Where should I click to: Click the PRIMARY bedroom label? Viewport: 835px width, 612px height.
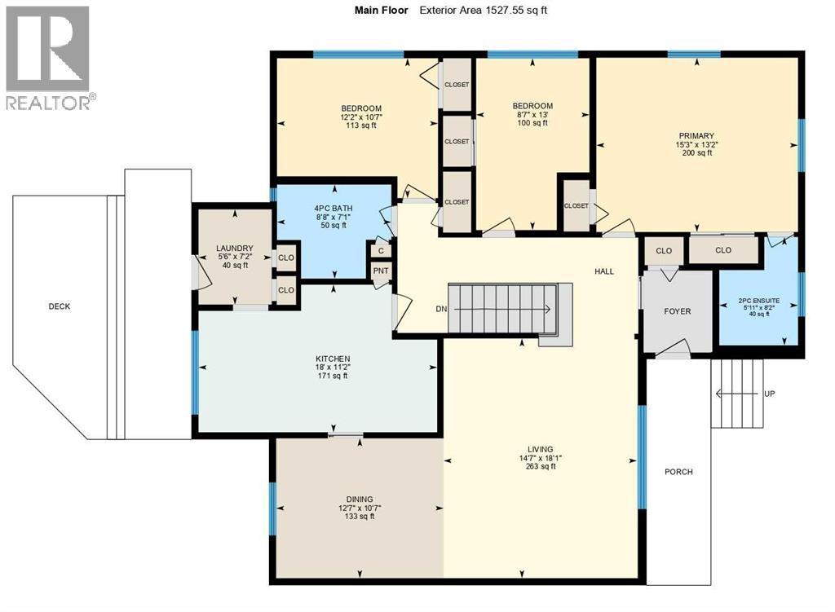click(696, 136)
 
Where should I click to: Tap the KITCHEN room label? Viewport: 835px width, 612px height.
click(333, 359)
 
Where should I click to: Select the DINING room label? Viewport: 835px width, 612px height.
click(360, 500)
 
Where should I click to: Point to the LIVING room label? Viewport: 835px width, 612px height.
click(541, 449)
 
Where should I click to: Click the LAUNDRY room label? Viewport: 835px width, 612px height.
click(235, 248)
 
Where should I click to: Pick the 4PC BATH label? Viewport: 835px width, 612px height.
click(334, 209)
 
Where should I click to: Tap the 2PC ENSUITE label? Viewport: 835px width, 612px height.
click(759, 300)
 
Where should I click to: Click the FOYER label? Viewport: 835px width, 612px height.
click(678, 311)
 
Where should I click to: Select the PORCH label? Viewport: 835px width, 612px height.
click(679, 472)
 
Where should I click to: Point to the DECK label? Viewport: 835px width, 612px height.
click(59, 306)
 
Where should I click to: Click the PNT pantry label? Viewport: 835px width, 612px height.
click(381, 271)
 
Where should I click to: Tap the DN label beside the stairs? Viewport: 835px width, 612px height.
click(441, 309)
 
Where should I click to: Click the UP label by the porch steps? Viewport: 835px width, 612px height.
click(770, 394)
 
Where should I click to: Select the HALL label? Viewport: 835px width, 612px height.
click(604, 271)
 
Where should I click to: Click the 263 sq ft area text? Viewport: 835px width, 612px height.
click(541, 466)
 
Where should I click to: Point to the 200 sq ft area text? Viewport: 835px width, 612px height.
click(696, 152)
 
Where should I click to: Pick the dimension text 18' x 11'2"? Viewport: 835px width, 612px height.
click(333, 368)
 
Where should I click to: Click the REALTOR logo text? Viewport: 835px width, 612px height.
click(48, 102)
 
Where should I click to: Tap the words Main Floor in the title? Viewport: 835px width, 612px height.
click(382, 10)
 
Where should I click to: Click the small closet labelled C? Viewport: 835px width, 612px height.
click(381, 251)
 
